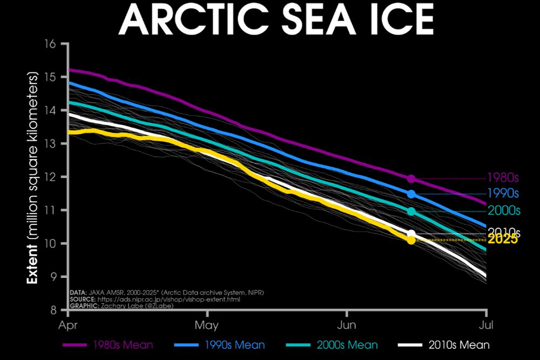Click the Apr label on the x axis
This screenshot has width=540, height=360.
pyautogui.click(x=68, y=325)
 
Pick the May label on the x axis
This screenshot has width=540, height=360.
pyautogui.click(x=207, y=325)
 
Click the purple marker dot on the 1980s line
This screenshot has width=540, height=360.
pyautogui.click(x=411, y=179)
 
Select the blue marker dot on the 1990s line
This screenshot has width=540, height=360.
pyautogui.click(x=411, y=194)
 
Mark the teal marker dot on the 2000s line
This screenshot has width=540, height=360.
pyautogui.click(x=411, y=212)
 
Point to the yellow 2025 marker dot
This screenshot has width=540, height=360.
pyautogui.click(x=411, y=240)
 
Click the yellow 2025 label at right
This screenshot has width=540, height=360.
pyautogui.click(x=503, y=240)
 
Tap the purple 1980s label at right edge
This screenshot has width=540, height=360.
pyautogui.click(x=503, y=178)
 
